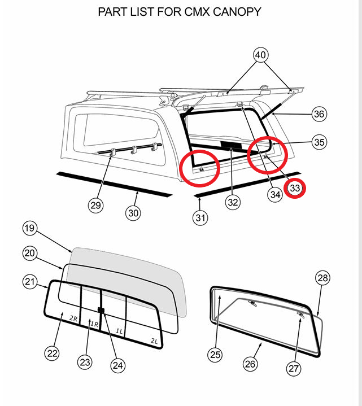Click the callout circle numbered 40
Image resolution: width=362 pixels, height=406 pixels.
point(260,55)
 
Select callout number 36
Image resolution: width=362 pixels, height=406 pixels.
point(320,114)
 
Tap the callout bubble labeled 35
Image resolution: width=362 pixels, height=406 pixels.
point(320,142)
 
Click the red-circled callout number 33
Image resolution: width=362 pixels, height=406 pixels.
point(295,188)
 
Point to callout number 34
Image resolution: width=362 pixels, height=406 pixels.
point(275,195)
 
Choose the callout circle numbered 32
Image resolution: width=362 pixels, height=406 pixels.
point(233,202)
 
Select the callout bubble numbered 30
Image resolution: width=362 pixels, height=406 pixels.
point(133,212)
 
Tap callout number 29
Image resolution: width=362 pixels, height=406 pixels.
point(96,206)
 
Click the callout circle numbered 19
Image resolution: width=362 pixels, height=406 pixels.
point(30,228)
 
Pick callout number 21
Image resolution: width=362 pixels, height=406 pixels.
point(30,281)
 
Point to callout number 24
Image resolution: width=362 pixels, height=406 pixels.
point(117,365)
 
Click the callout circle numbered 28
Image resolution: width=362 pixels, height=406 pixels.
point(322,278)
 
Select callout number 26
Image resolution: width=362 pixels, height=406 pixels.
point(251,364)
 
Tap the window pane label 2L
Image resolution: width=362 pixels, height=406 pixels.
point(154,340)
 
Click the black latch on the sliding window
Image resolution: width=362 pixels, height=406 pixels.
point(102,310)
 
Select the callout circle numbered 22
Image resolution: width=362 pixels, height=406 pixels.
point(53,353)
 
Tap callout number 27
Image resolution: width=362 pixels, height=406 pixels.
point(293,369)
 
